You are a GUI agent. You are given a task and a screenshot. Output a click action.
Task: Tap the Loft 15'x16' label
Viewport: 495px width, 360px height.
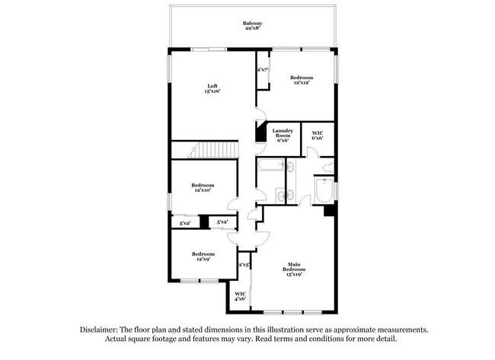click(x=212, y=88)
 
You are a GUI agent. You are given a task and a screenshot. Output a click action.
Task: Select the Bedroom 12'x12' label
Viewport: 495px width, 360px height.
click(x=301, y=81)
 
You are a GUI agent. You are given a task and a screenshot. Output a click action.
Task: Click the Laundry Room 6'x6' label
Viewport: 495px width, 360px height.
click(x=283, y=135)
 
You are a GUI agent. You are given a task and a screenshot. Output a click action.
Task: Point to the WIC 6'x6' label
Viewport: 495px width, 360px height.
click(x=318, y=135)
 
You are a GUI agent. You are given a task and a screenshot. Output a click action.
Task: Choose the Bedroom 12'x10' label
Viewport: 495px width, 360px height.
click(x=203, y=188)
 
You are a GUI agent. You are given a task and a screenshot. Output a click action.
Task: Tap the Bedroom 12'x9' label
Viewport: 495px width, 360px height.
click(x=203, y=256)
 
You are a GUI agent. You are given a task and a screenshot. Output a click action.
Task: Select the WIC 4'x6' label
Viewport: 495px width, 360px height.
click(x=239, y=296)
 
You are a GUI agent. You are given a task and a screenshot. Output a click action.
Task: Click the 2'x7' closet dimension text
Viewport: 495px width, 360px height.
click(x=262, y=70)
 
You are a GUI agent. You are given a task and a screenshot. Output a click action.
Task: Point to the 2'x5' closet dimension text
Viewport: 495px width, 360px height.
click(x=244, y=264)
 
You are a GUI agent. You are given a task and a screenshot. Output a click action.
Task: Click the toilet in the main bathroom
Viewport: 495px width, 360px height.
click(x=326, y=167)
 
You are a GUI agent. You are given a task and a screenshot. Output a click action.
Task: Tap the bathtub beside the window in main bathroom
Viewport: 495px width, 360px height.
click(x=323, y=192)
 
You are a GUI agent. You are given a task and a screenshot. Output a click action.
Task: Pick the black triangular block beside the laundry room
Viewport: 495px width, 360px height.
click(x=259, y=132)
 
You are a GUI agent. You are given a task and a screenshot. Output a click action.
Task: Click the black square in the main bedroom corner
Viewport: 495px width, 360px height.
click(x=329, y=211)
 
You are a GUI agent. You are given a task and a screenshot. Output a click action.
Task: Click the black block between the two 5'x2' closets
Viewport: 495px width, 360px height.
click(x=203, y=222)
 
